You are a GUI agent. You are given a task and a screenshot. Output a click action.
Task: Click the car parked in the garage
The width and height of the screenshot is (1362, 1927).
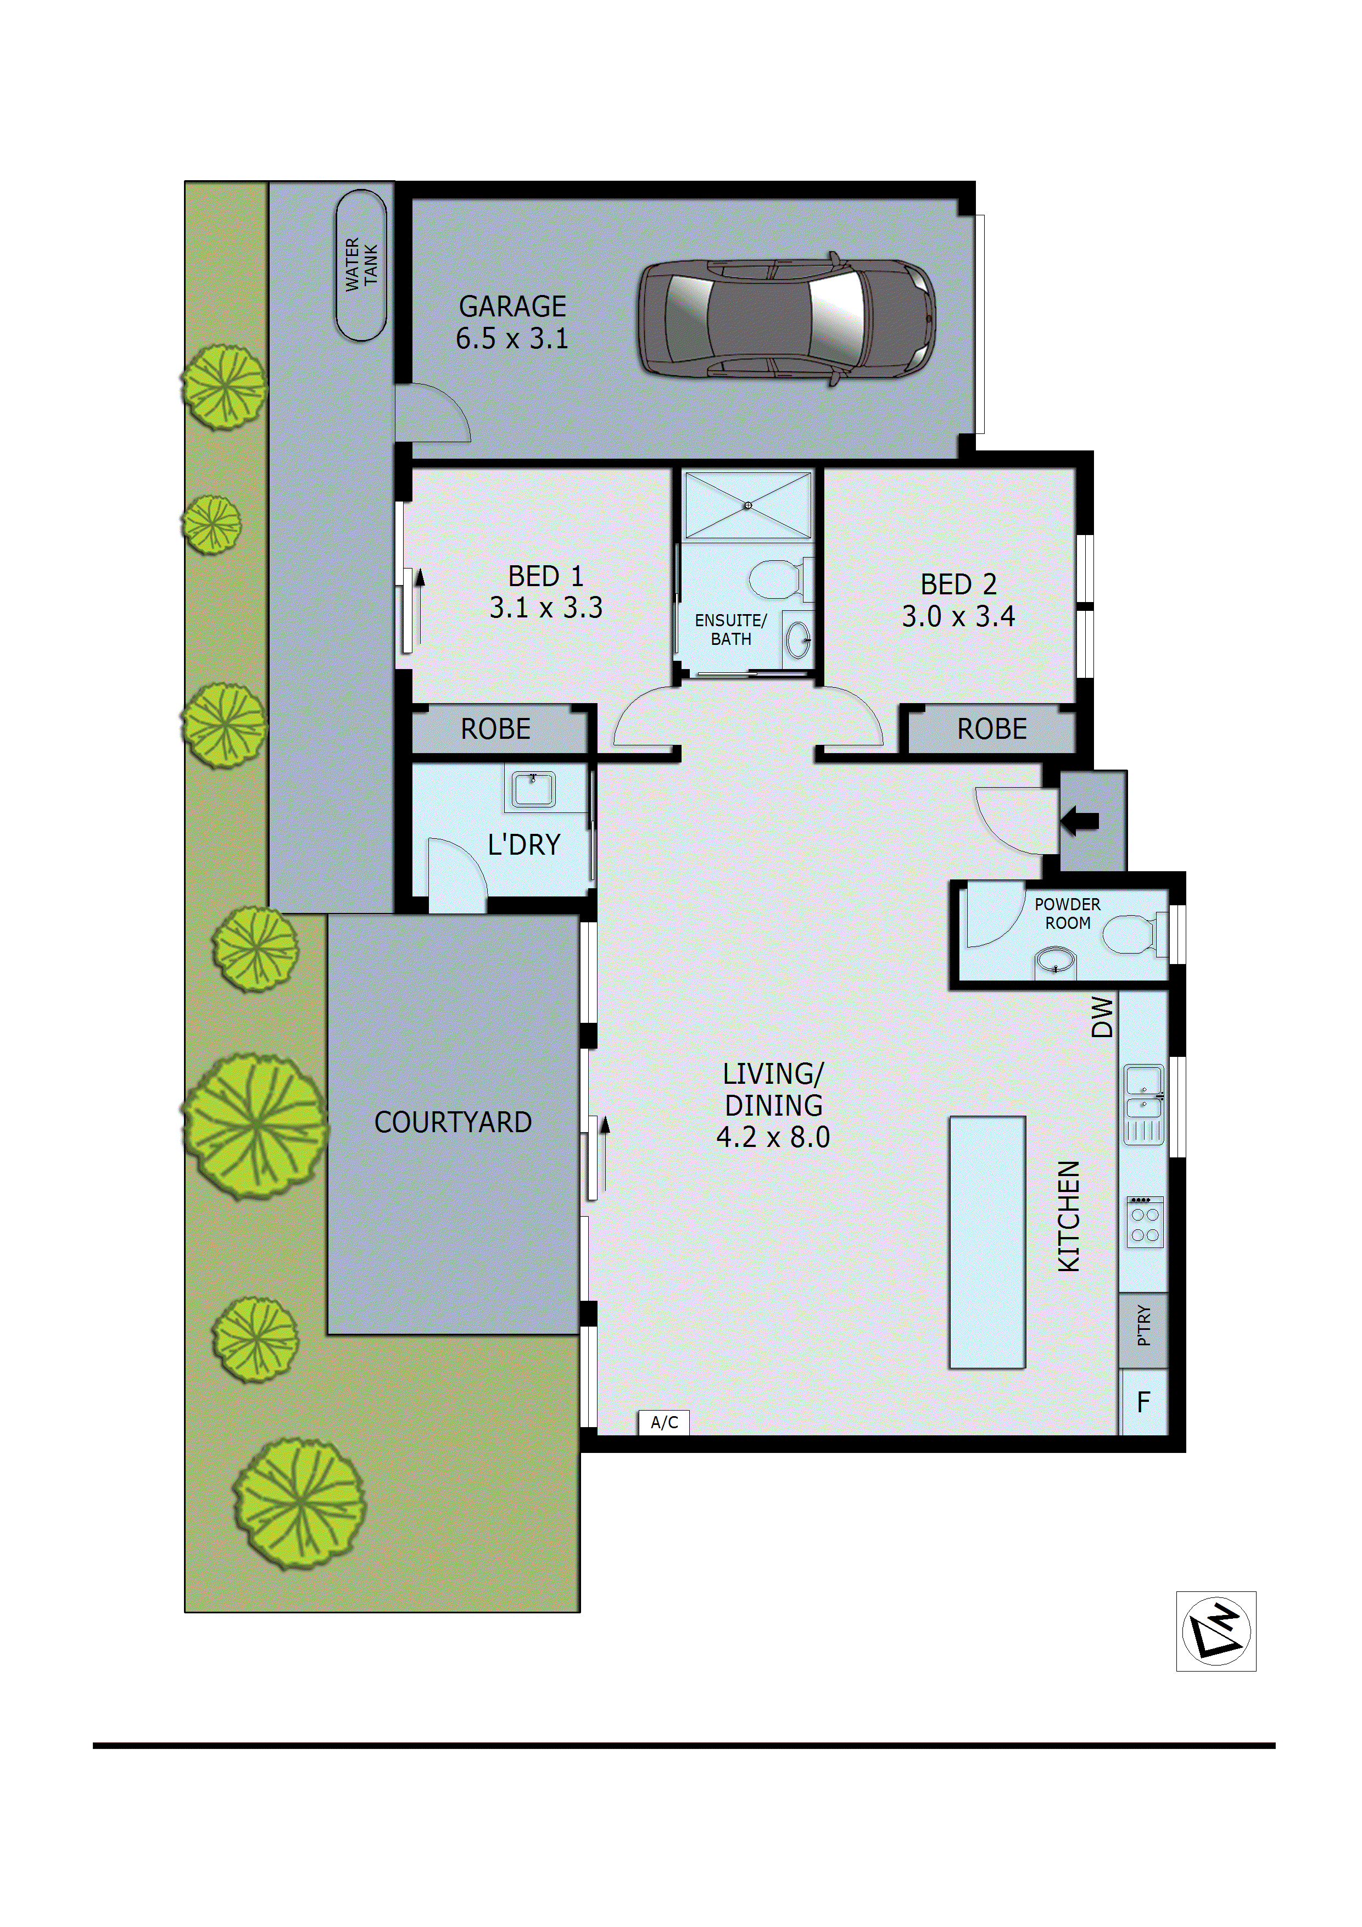click(786, 319)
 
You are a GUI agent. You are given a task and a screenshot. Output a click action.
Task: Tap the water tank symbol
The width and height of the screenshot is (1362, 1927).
click(361, 265)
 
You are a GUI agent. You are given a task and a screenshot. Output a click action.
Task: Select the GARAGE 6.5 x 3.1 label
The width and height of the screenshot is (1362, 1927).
click(512, 322)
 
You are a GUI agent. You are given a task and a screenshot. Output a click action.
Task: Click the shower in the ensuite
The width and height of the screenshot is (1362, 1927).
click(747, 505)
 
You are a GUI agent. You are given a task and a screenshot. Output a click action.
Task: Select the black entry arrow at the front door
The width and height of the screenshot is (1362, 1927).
click(1080, 820)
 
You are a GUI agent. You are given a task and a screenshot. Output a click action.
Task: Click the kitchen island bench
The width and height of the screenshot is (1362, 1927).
click(987, 1242)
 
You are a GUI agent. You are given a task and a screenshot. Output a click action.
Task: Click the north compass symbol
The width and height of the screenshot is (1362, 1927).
click(1216, 1631)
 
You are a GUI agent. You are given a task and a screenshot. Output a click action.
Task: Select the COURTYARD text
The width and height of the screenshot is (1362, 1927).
click(453, 1122)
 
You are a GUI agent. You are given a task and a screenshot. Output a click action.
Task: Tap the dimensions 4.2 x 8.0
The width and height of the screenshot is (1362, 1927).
click(773, 1137)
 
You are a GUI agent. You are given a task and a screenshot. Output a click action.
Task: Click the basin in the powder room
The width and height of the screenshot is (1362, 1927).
click(1055, 960)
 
